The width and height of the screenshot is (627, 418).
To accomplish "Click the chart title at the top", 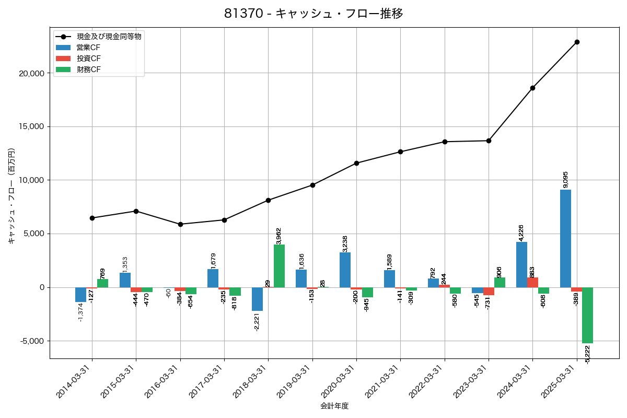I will [x=313, y=14].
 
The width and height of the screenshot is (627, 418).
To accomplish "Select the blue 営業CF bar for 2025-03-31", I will [x=565, y=238].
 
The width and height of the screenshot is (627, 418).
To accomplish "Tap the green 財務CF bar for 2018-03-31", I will [x=279, y=266].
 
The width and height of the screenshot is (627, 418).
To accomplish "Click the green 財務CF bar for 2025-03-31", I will [x=587, y=315].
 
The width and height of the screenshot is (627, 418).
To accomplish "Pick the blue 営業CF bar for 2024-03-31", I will [x=521, y=264].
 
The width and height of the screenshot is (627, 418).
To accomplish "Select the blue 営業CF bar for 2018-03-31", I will [x=257, y=299].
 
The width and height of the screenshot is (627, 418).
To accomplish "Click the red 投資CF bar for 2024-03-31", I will [x=532, y=282].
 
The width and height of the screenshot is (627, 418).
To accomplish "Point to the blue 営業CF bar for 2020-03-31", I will [x=345, y=270].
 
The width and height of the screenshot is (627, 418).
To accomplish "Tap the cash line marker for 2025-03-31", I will [x=577, y=42].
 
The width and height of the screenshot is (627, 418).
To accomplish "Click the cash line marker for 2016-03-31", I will [x=180, y=224].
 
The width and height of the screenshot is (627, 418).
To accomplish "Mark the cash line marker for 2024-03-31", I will [x=532, y=88].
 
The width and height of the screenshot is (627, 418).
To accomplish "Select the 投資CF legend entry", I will [x=88, y=59].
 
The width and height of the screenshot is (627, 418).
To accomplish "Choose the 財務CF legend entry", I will [x=88, y=69].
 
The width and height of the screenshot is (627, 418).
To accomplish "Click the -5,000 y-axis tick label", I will [x=32, y=341].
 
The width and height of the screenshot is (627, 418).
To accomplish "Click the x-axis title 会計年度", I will [x=334, y=406].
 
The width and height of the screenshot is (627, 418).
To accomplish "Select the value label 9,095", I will [x=565, y=179].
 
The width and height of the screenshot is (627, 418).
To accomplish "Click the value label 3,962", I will [x=279, y=236].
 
